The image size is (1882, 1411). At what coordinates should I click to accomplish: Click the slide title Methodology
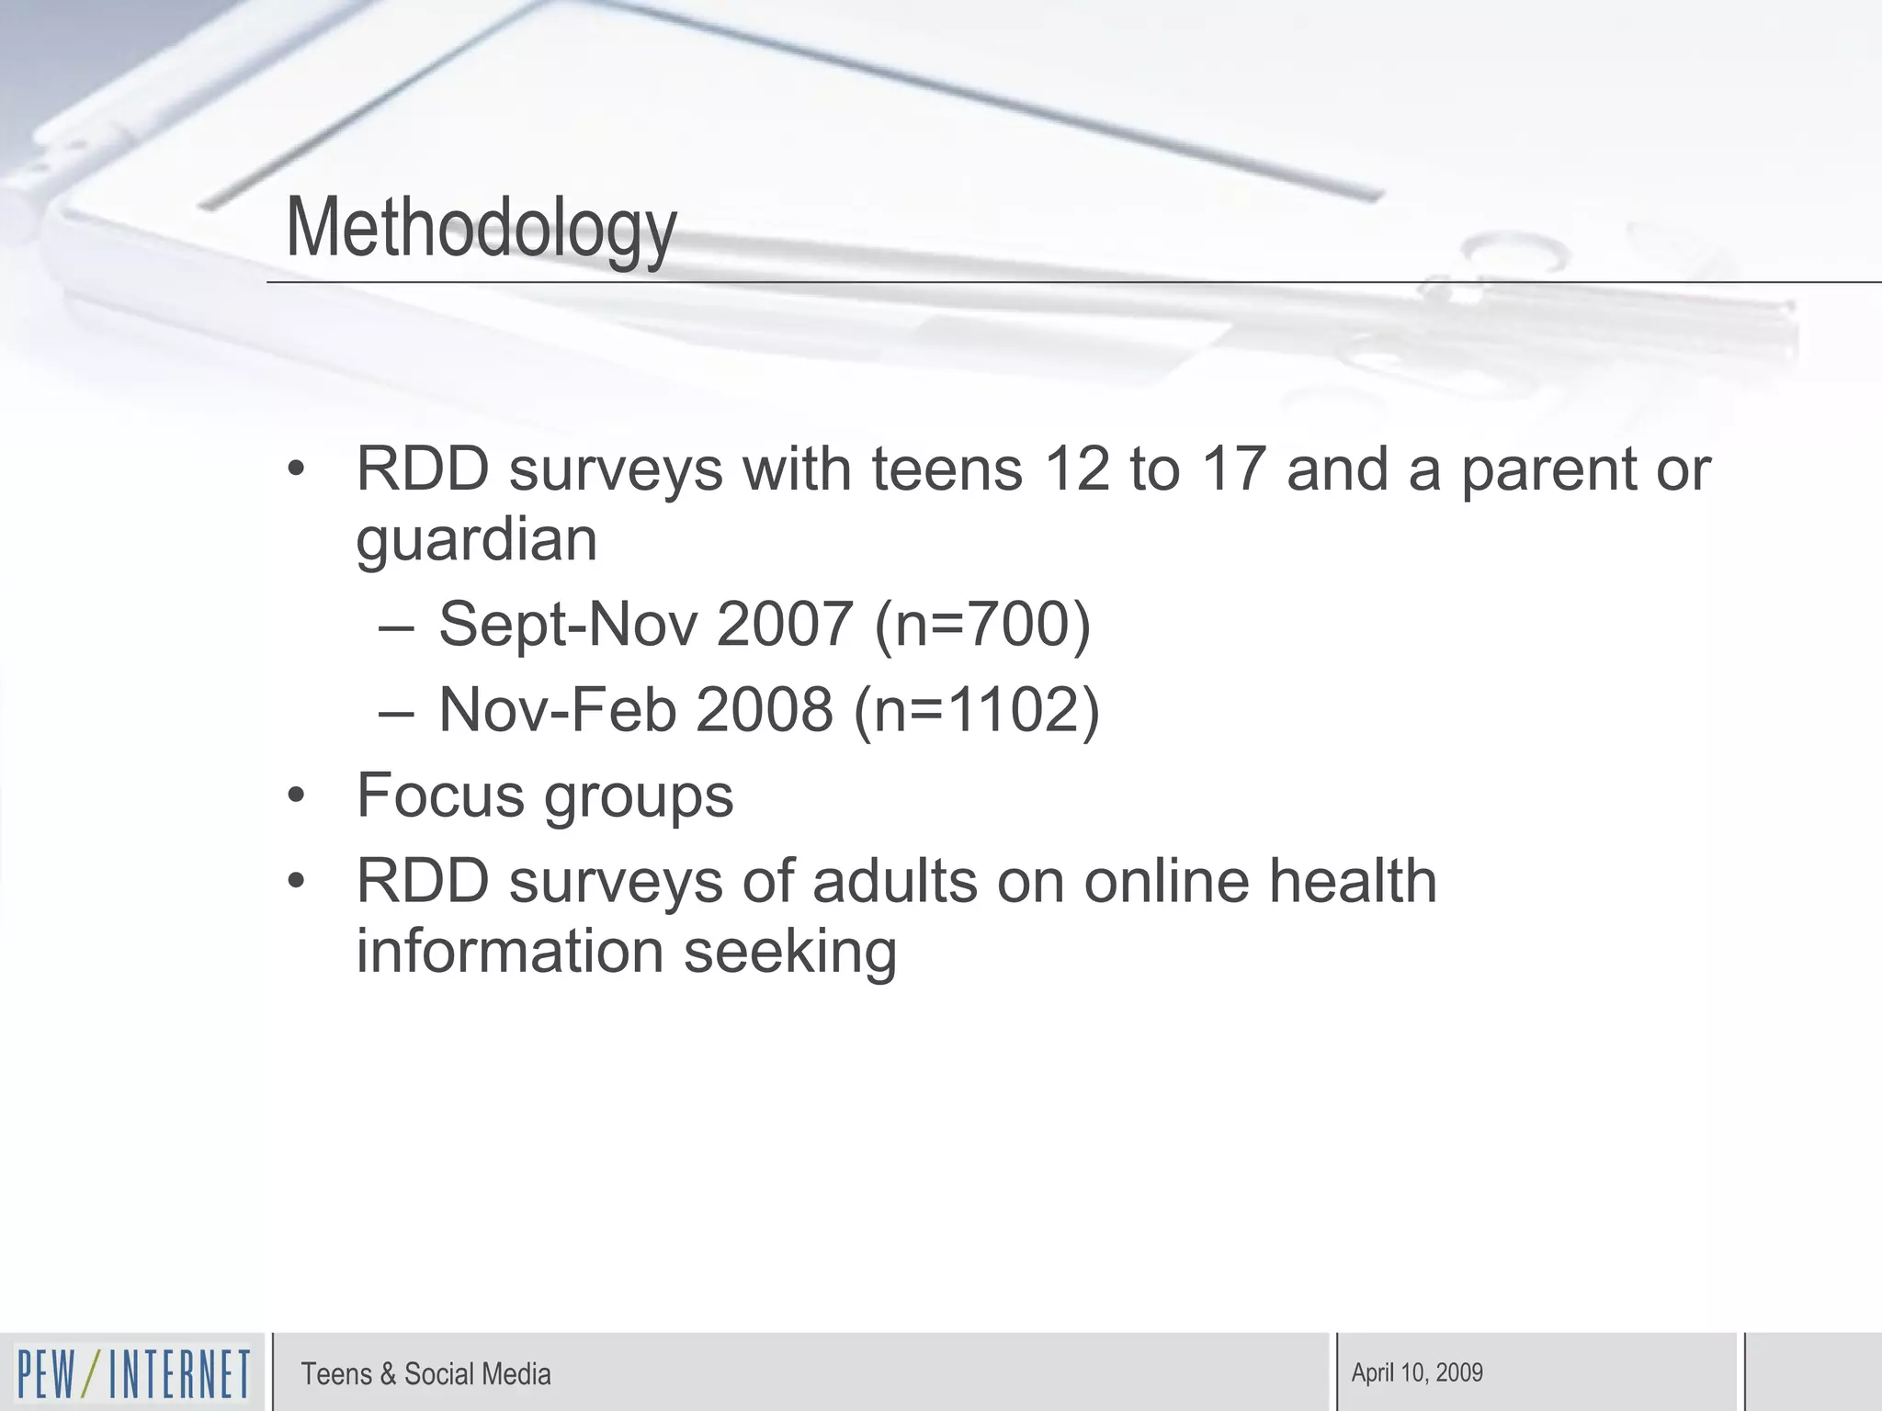[x=482, y=228]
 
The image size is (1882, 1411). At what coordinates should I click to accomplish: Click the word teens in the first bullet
[x=947, y=469]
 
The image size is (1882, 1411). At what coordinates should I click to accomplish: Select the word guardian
[x=476, y=540]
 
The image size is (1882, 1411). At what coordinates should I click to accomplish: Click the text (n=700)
[x=981, y=625]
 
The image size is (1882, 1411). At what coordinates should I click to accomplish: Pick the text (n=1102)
[x=976, y=710]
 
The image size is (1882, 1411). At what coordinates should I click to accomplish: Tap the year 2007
[x=784, y=625]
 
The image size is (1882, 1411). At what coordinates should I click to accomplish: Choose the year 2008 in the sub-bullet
[x=764, y=710]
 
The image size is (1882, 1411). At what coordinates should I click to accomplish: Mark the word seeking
[x=790, y=952]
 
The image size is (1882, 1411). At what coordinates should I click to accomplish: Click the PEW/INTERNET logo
[x=133, y=1373]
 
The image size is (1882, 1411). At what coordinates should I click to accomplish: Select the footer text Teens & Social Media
[x=425, y=1374]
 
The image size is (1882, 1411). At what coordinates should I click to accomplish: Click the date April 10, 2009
[x=1417, y=1372]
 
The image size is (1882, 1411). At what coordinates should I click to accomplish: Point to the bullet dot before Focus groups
[x=295, y=796]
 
